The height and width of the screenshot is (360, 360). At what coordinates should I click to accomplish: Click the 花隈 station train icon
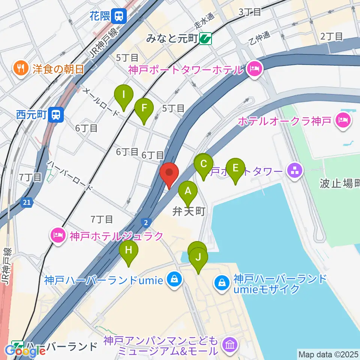[x=120, y=16]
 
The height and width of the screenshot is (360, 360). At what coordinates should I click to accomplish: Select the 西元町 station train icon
[x=56, y=114]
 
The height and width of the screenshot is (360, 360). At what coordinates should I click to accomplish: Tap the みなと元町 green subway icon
[x=205, y=38]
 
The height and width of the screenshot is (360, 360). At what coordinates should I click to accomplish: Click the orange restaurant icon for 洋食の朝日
[x=19, y=68]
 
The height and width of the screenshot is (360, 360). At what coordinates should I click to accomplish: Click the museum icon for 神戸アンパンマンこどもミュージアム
[x=228, y=345]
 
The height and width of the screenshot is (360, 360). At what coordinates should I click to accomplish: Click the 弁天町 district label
[x=189, y=212]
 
